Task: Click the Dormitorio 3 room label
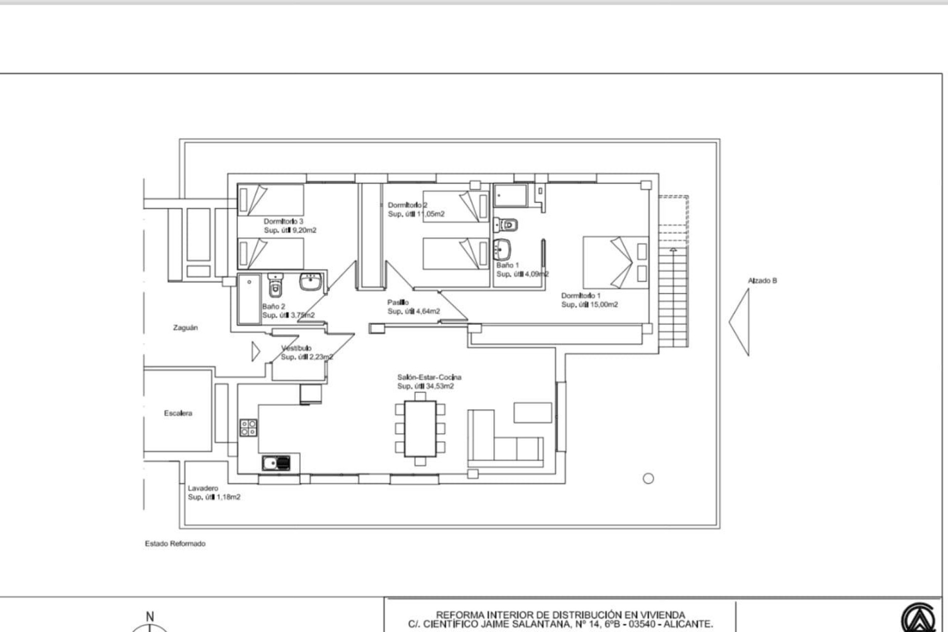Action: pos(283,221)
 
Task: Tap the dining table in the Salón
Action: pos(420,429)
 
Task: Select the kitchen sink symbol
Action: pos(276,463)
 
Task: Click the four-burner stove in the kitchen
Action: pos(248,428)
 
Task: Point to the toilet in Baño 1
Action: pos(507,225)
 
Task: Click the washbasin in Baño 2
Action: pos(310,282)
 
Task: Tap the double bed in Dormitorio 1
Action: pos(615,262)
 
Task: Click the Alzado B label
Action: pos(762,280)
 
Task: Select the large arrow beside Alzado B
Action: pos(741,322)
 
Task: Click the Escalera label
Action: pos(178,413)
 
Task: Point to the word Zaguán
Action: pos(185,327)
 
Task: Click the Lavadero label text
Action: pos(202,488)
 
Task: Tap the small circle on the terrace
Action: pos(648,478)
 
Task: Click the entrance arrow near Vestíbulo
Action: pos(255,352)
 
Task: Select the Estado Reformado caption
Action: pos(175,543)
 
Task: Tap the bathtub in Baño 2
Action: pos(249,299)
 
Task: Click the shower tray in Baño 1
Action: pos(511,196)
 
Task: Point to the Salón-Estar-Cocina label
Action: pos(429,377)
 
